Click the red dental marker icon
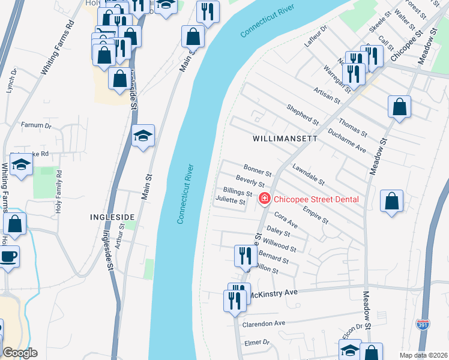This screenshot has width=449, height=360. pyautogui.click(x=263, y=199)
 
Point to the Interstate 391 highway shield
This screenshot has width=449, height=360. pyautogui.click(x=423, y=325)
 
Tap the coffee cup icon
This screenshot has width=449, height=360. pyautogui.click(x=8, y=257)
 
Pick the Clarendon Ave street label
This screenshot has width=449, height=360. pyautogui.click(x=263, y=323)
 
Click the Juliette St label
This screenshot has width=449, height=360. pyautogui.click(x=231, y=202)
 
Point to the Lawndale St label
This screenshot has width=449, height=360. pyautogui.click(x=309, y=175)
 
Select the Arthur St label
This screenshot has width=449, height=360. pyautogui.click(x=121, y=235)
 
